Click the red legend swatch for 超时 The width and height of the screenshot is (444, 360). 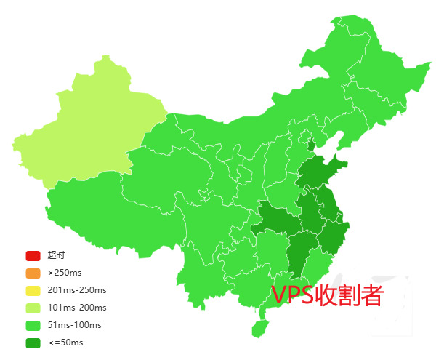tap(33, 255)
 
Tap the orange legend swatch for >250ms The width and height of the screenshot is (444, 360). tap(33, 273)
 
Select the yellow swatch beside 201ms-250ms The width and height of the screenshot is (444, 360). tap(33, 290)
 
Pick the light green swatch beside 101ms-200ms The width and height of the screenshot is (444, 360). tap(33, 308)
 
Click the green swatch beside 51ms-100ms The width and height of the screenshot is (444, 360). tap(33, 325)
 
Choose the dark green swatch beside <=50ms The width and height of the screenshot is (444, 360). tap(33, 343)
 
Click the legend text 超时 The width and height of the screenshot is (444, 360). tap(56, 255)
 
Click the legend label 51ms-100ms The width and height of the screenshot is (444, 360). tap(74, 325)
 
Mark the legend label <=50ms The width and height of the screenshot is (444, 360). tap(65, 343)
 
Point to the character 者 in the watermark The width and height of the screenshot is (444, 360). tap(371, 295)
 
